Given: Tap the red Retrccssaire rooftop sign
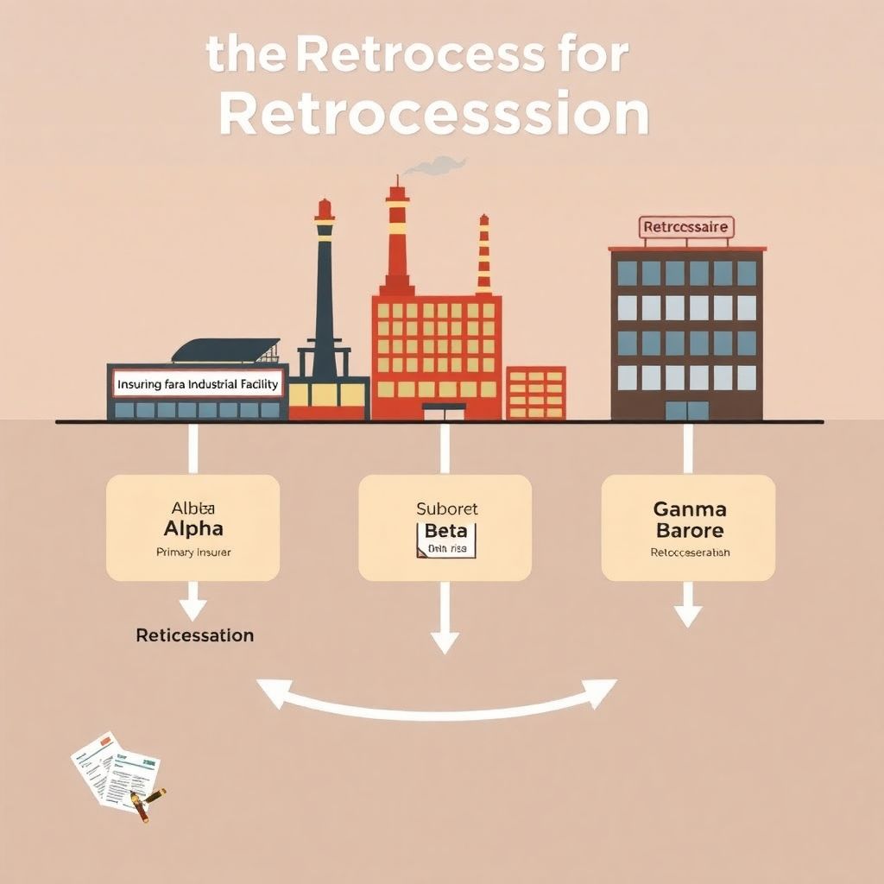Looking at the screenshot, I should pos(686,228).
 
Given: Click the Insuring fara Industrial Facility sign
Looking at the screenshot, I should pos(199,384).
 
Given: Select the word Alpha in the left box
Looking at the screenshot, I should pos(193,528).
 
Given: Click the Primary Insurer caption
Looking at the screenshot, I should pos(193,552).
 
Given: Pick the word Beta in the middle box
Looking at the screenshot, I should pos(445,531).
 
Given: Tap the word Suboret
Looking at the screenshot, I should pos(446,509).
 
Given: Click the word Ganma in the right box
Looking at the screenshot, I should pos(690,509).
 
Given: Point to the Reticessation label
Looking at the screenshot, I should pos(195,635).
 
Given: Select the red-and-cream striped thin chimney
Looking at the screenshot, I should pos(483,254).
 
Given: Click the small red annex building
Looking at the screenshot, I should pos(535,393).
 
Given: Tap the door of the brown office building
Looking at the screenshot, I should pos(686,410).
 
